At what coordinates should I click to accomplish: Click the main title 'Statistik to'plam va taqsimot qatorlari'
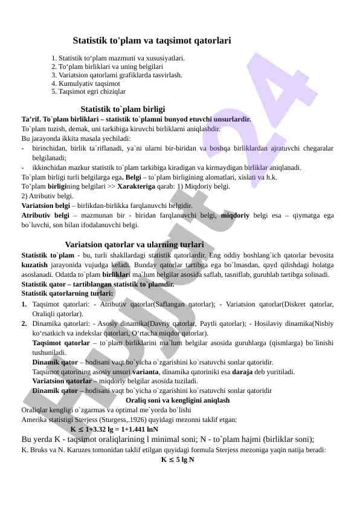(152, 41)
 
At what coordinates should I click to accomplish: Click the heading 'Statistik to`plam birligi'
(123, 109)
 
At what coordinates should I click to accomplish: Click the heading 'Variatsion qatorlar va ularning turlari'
(134, 245)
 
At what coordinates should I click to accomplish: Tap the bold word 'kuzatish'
(34, 265)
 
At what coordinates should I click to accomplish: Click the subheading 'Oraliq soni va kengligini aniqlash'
(177, 400)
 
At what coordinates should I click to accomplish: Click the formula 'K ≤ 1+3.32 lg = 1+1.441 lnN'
(114, 429)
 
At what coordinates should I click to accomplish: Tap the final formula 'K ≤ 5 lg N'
(177, 459)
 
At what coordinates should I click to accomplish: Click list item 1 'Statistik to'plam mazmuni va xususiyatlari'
(118, 58)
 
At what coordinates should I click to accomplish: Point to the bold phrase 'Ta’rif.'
(32, 119)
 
